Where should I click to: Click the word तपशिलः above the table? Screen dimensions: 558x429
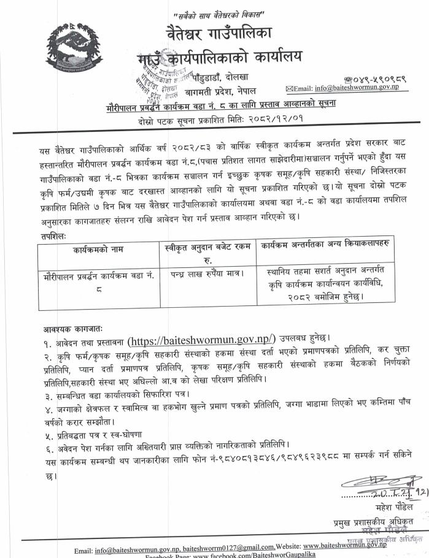(49, 234)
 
